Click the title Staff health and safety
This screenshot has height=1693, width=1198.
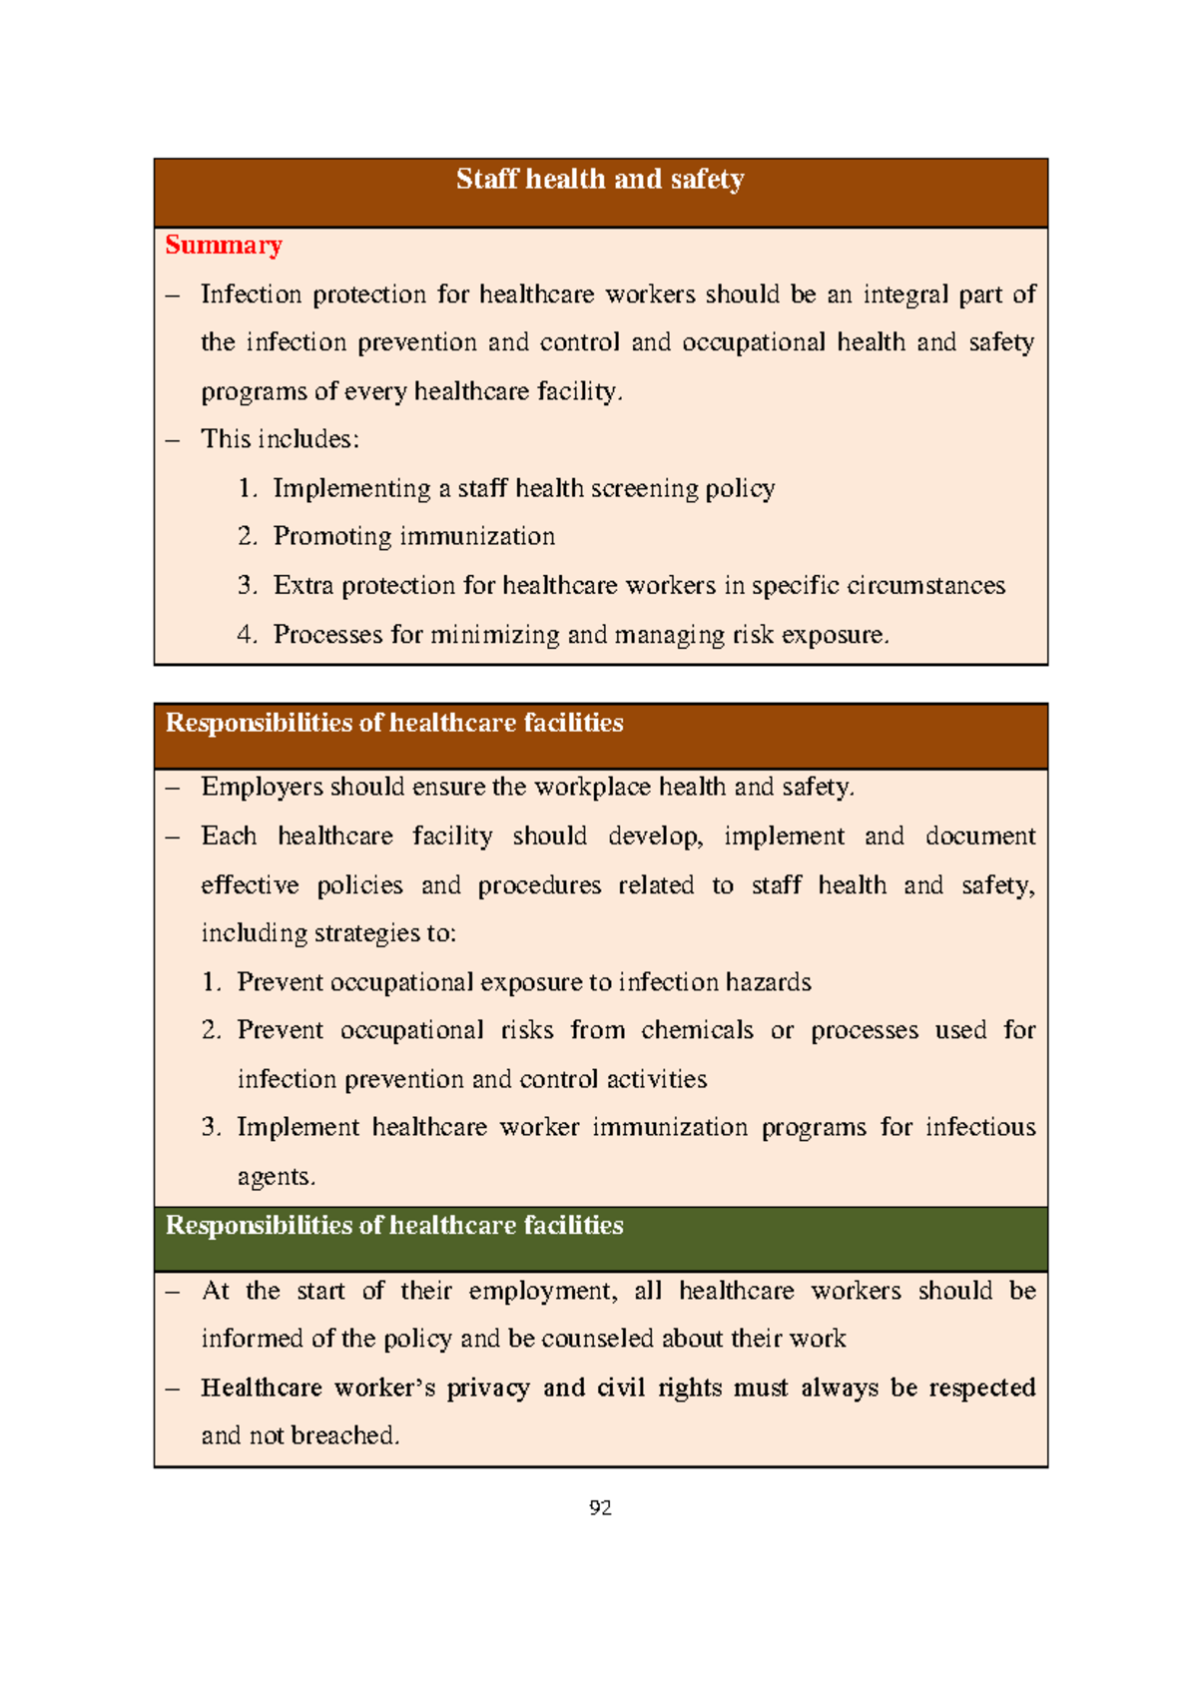click(600, 180)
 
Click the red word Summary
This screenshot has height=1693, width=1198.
click(224, 246)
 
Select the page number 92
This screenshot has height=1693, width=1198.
click(600, 1507)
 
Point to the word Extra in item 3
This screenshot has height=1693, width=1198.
click(303, 585)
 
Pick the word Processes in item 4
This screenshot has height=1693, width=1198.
click(328, 635)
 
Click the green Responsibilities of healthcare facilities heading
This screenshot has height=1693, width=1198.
click(394, 1225)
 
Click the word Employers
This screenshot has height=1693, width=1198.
click(262, 788)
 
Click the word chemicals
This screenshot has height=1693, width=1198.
click(697, 1030)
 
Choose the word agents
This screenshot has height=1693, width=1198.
click(275, 1177)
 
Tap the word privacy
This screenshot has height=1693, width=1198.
click(487, 1389)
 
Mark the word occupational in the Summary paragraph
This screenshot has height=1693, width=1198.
click(754, 342)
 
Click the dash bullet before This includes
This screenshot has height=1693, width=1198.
click(174, 440)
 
